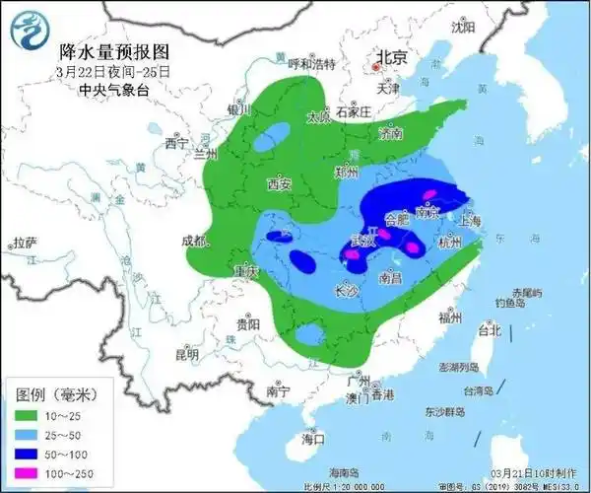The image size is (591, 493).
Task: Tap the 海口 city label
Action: (x=313, y=437)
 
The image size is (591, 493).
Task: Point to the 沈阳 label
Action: (x=462, y=28)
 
